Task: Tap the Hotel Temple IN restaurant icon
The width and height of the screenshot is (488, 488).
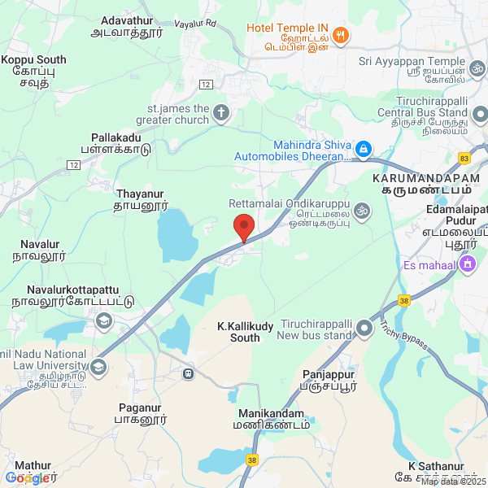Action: click(341, 36)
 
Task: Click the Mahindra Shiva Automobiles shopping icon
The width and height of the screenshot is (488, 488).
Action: click(364, 149)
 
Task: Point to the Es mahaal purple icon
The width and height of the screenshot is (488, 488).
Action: click(467, 264)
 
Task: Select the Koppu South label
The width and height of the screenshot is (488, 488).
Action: click(34, 59)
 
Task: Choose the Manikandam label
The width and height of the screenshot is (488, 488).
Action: click(271, 413)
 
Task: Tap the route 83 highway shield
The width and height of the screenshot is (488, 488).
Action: click(464, 158)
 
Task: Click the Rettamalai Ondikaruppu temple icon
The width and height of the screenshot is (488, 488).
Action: click(362, 212)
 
